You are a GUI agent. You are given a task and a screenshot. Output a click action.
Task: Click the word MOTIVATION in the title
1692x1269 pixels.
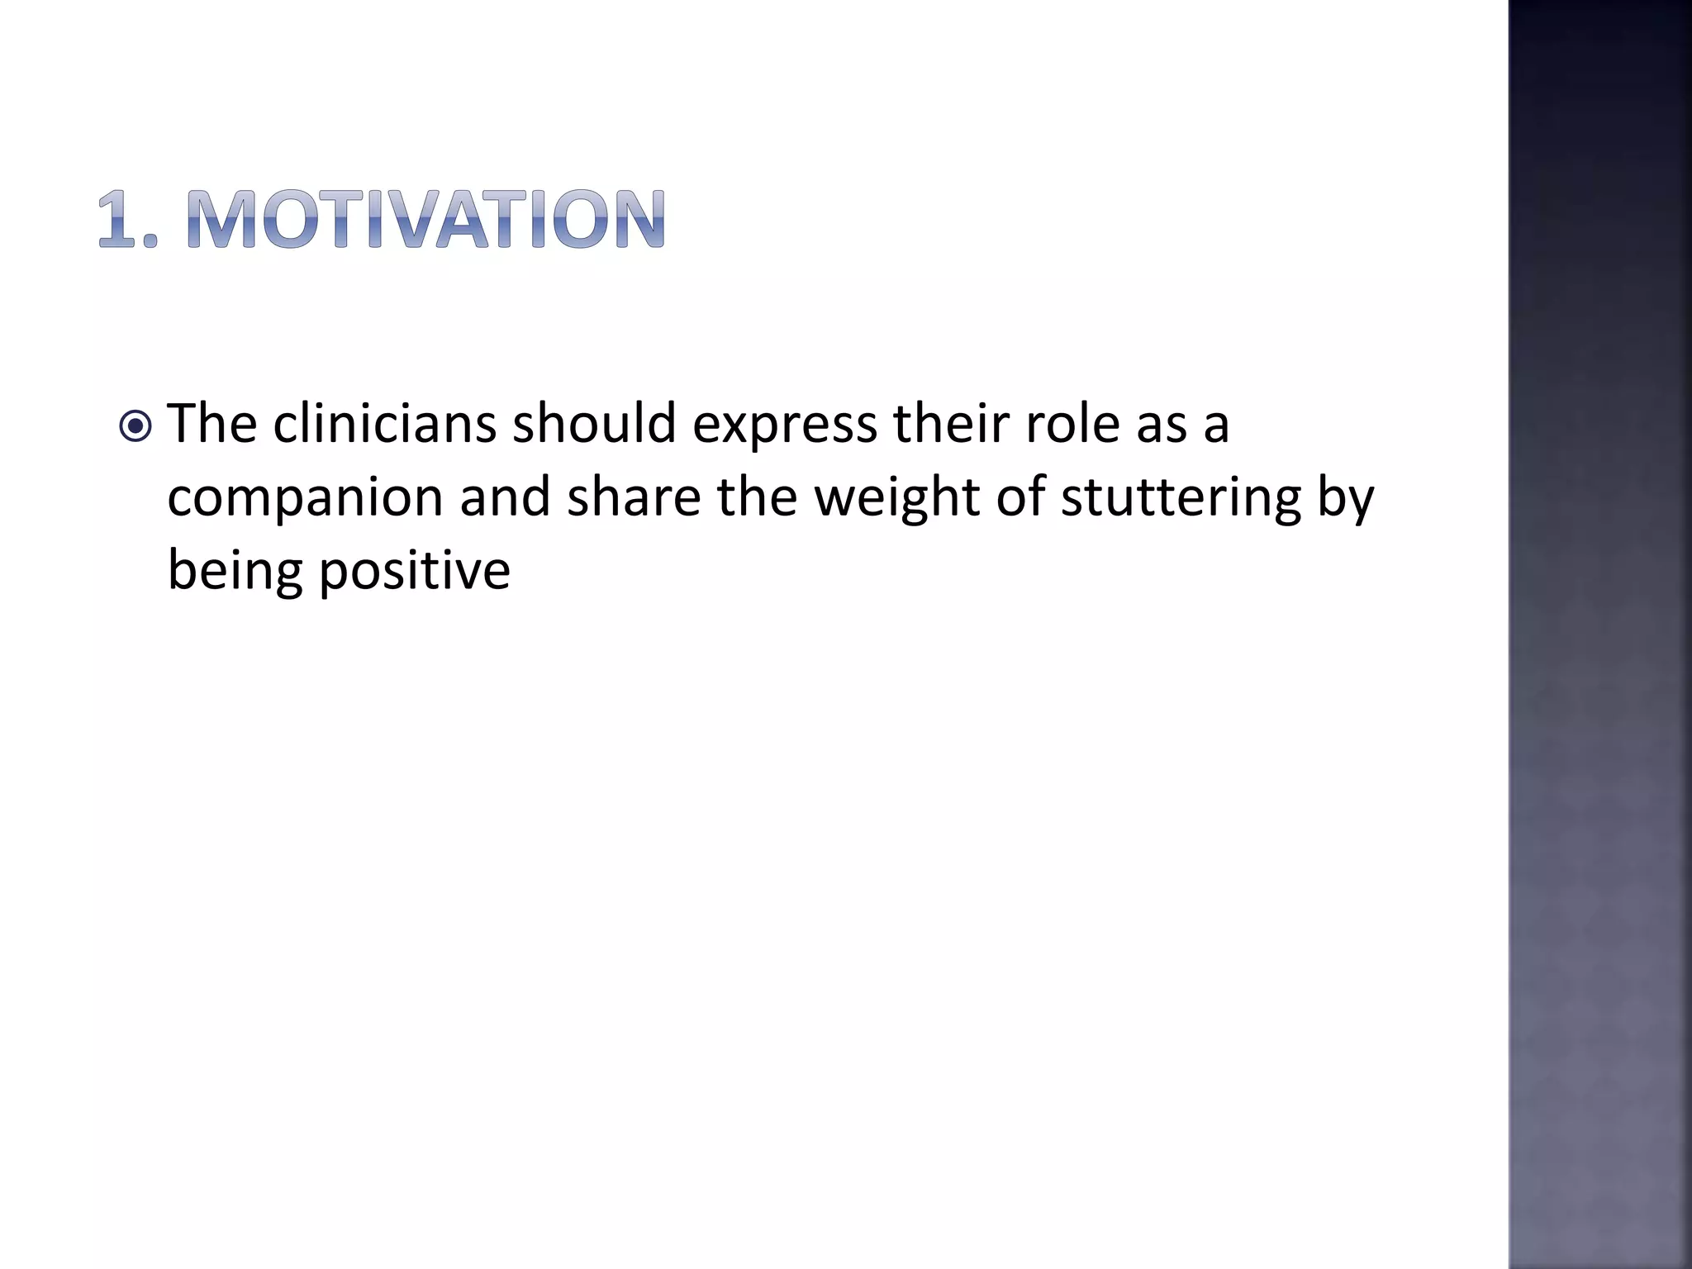pos(425,220)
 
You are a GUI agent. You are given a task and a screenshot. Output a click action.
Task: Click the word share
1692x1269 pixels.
pos(634,497)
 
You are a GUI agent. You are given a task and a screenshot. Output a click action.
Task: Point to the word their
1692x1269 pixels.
pos(950,423)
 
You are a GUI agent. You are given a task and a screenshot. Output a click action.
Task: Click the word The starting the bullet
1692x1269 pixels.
pos(212,423)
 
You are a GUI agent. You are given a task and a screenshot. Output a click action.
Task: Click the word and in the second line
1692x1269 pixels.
pos(505,497)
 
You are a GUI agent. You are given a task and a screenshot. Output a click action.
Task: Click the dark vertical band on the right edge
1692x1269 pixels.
pos(1599,634)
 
